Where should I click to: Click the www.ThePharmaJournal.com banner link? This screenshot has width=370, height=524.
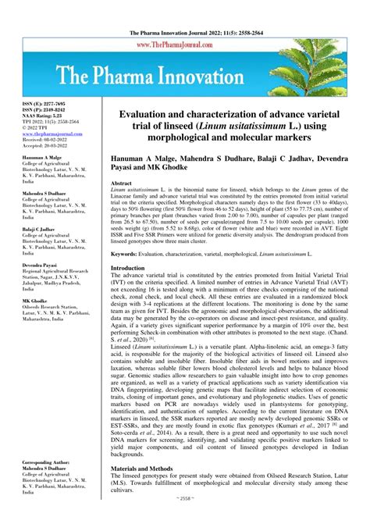click(185, 24)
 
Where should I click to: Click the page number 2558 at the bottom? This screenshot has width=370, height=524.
click(186, 517)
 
